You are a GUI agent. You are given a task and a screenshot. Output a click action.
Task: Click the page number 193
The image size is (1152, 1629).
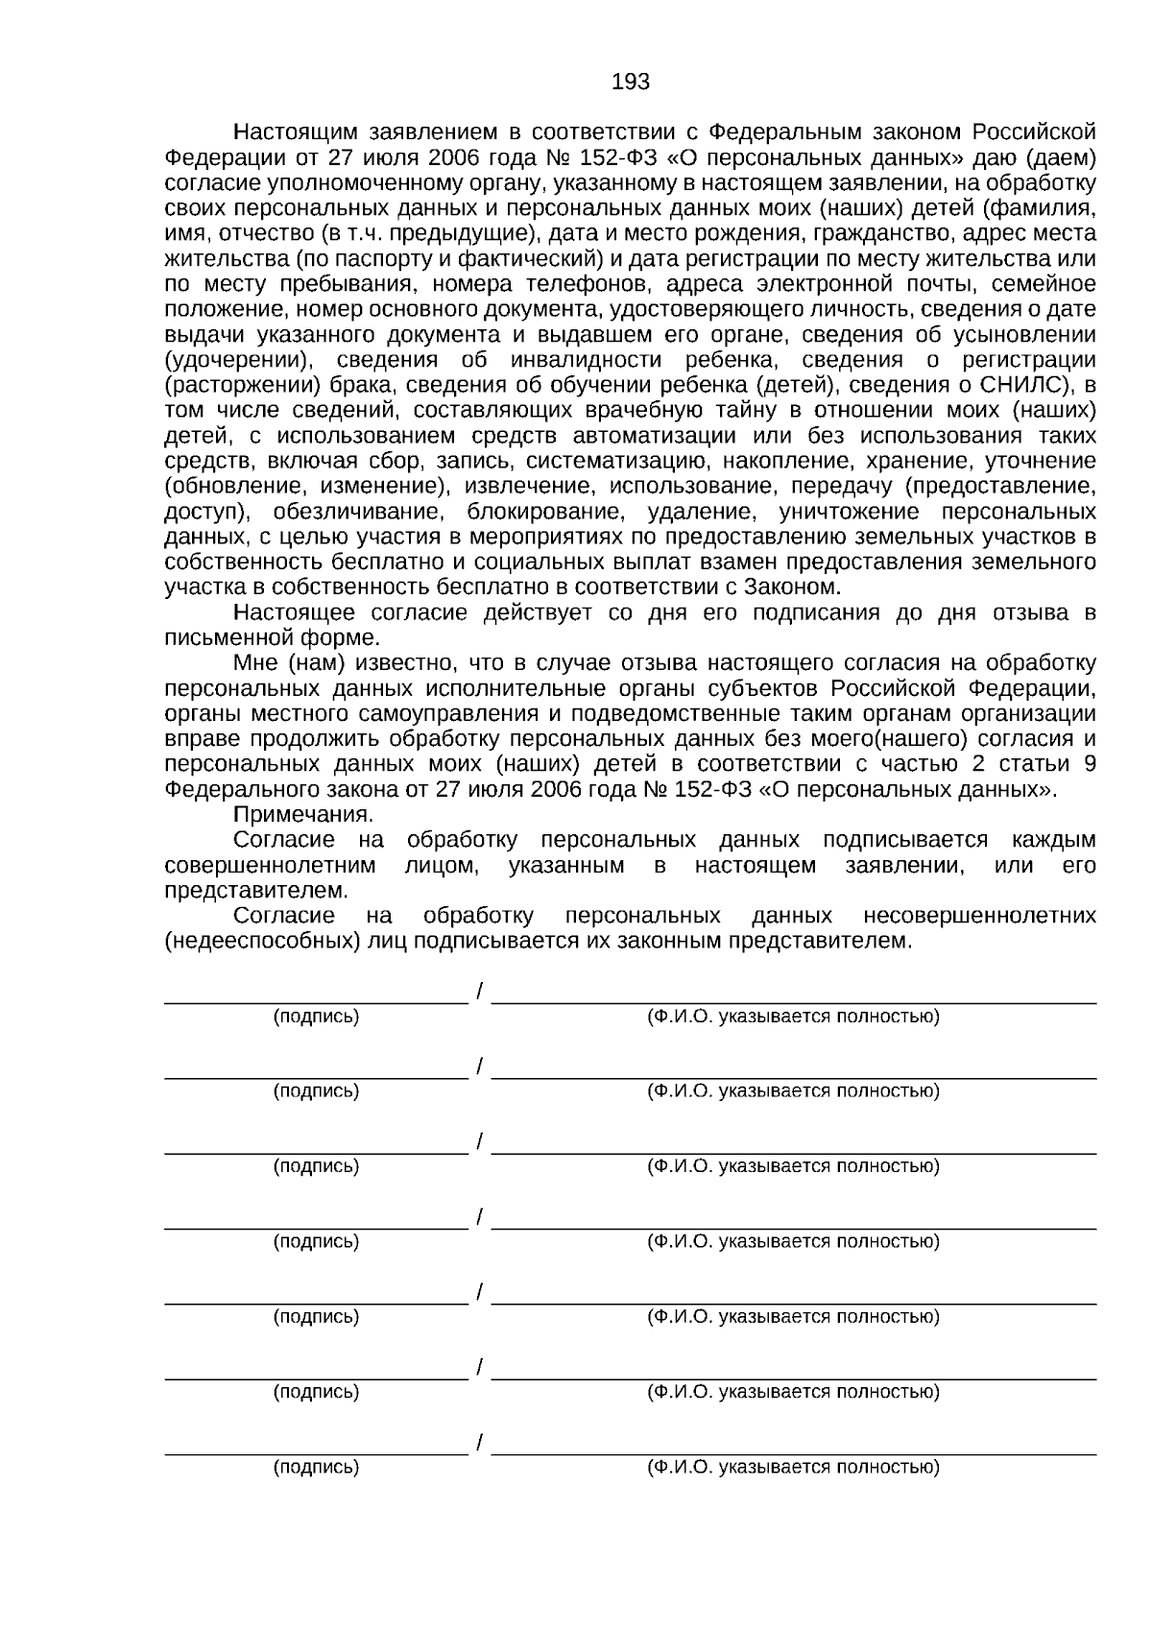(630, 83)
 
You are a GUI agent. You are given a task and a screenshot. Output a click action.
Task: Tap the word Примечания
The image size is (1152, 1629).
(303, 815)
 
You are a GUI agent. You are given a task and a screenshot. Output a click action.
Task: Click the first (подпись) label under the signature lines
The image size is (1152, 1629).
(316, 1017)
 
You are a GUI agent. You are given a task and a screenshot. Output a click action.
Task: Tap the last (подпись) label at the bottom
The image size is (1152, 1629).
(316, 1468)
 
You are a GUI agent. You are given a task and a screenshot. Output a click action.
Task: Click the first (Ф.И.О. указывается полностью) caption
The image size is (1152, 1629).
(793, 1017)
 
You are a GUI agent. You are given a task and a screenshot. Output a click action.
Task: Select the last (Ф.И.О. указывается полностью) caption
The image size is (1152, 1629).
(793, 1468)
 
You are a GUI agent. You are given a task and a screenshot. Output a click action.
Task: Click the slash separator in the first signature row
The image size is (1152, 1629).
(479, 991)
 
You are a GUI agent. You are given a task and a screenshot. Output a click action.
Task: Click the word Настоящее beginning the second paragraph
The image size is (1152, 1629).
(295, 613)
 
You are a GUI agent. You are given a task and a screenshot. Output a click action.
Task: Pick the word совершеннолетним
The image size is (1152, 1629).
(273, 866)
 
